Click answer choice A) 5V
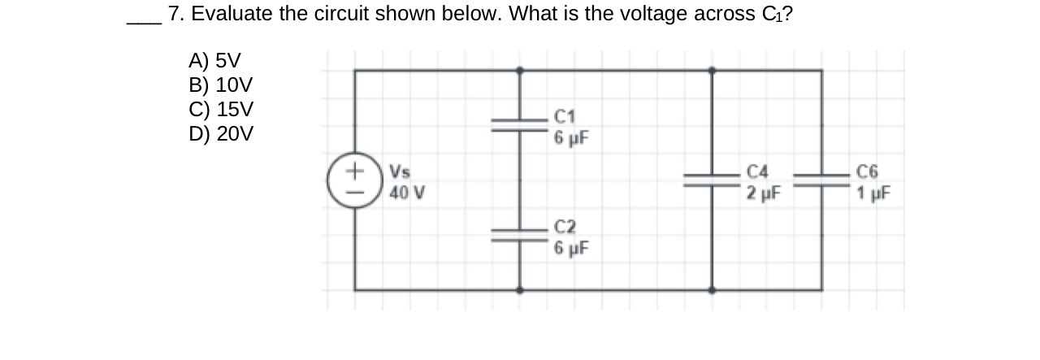[x=214, y=60]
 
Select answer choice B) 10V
[x=220, y=85]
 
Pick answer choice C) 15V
[x=221, y=109]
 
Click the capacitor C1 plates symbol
[x=519, y=124]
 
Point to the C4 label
[x=757, y=172]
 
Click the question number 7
[x=173, y=14]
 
